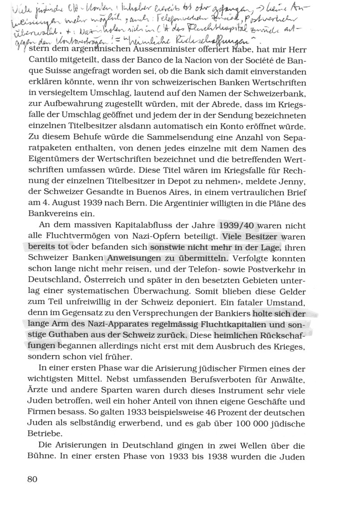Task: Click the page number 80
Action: click(32, 479)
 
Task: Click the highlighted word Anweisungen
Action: click(132, 258)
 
